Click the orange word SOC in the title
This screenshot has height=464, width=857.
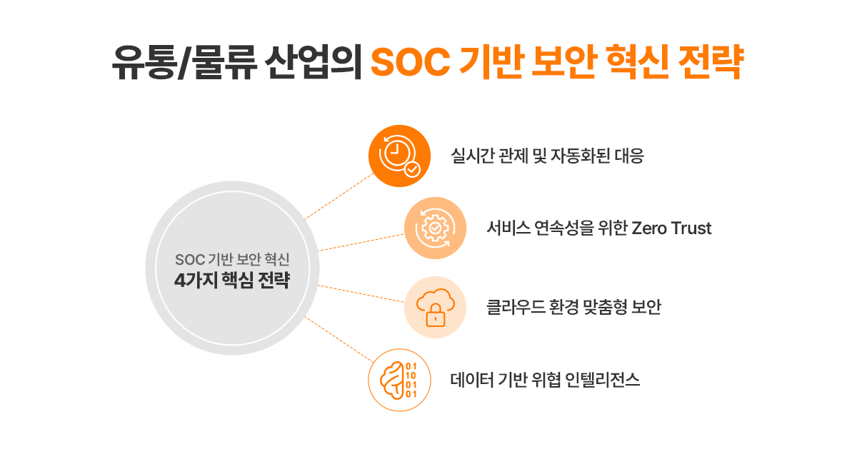pyautogui.click(x=411, y=62)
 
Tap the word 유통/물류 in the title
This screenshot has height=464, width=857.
pyautogui.click(x=184, y=62)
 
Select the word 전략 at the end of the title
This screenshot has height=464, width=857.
pyautogui.click(x=711, y=61)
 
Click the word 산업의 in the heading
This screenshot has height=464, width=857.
pyautogui.click(x=314, y=62)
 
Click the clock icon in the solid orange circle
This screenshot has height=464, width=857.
pyautogui.click(x=396, y=153)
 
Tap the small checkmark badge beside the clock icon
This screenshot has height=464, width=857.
pyautogui.click(x=413, y=169)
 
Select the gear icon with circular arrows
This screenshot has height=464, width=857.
pyautogui.click(x=435, y=228)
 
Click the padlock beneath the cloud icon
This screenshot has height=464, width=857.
pyautogui.click(x=436, y=316)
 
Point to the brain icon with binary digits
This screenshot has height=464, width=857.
pyautogui.click(x=399, y=380)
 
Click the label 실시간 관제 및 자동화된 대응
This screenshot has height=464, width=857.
pyautogui.click(x=548, y=156)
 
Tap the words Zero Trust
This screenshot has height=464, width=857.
pyautogui.click(x=671, y=228)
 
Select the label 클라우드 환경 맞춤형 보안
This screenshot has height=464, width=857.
pyautogui.click(x=574, y=307)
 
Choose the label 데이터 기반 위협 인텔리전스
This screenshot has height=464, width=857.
pyautogui.click(x=545, y=380)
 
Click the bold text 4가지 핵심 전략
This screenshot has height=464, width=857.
pyautogui.click(x=232, y=280)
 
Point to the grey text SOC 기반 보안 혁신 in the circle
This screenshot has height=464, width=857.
pyautogui.click(x=232, y=259)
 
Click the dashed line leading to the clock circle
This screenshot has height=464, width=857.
pyautogui.click(x=339, y=196)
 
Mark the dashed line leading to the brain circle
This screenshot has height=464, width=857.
pyautogui.click(x=339, y=339)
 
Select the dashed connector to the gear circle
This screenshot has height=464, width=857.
pyautogui.click(x=361, y=243)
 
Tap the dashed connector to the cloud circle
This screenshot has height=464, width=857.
pyautogui.click(x=361, y=293)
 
